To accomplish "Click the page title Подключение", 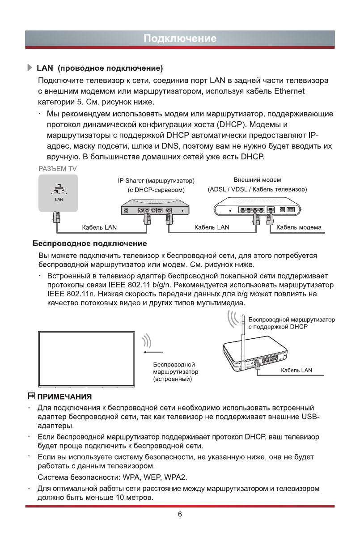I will point(180,38).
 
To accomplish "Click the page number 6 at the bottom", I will point(180,514).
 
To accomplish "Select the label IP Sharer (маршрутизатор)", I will point(156,181).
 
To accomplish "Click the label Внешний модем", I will point(257,180).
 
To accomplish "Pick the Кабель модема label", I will point(299,227).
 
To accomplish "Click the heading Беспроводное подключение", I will point(90,244).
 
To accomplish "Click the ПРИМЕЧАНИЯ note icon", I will point(31,397).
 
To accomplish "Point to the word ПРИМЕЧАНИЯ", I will point(64,397).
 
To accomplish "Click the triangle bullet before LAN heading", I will point(30,68).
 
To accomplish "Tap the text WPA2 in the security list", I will point(176,475).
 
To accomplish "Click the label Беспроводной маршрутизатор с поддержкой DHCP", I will point(291,323).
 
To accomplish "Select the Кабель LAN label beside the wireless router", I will point(296,370).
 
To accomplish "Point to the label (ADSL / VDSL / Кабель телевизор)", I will point(257,189).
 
